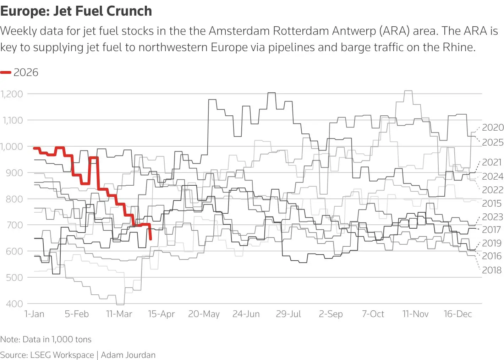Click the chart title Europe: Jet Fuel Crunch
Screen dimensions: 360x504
click(x=76, y=11)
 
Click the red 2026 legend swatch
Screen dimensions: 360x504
click(x=6, y=72)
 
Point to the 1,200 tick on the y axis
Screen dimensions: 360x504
click(x=12, y=94)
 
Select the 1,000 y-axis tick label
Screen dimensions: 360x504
click(x=12, y=146)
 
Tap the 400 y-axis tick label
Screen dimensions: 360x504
click(x=14, y=304)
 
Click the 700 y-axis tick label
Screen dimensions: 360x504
click(x=14, y=225)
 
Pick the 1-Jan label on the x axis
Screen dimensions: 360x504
click(x=34, y=314)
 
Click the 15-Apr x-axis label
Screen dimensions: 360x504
click(x=161, y=314)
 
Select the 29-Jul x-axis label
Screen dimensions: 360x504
click(x=288, y=314)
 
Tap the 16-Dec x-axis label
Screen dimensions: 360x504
click(x=458, y=314)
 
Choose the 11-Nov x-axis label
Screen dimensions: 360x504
click(x=415, y=314)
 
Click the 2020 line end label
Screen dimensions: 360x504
click(x=493, y=127)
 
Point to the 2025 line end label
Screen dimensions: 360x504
click(x=493, y=142)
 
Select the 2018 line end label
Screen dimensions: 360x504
click(x=492, y=270)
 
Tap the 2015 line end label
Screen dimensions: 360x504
click(x=492, y=203)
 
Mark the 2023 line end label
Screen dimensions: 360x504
click(x=493, y=217)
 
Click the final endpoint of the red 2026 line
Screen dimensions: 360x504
click(x=151, y=239)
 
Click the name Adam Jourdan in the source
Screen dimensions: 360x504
click(x=128, y=355)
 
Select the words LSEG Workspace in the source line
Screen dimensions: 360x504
click(x=62, y=355)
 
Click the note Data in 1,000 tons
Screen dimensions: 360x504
click(x=57, y=339)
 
